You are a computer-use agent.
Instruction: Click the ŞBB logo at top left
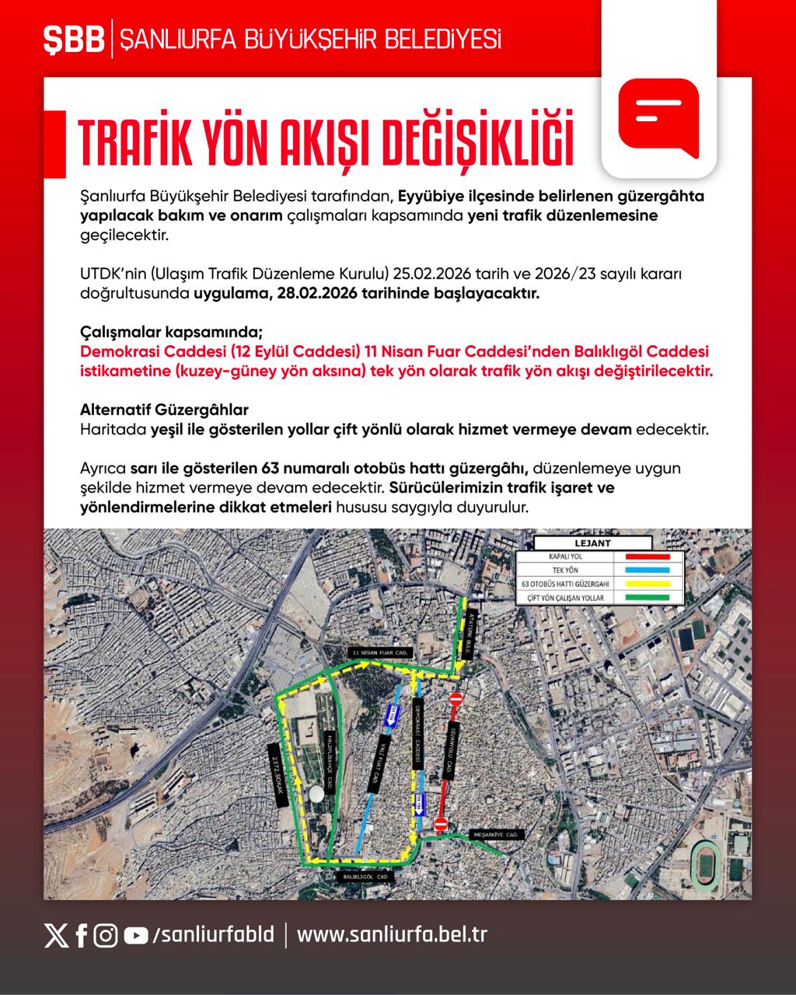74,40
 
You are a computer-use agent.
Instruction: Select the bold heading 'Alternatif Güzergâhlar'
164,410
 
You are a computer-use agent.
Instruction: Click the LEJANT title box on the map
592,543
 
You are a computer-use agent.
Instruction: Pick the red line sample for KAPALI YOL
642,557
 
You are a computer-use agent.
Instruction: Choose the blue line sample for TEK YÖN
642,570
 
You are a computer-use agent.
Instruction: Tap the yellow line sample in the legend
642,584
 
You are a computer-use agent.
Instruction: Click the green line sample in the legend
642,598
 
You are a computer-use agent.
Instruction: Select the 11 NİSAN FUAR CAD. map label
379,652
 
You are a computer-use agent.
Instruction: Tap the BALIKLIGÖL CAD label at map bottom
365,876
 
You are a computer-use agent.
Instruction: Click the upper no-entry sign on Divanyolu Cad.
456,700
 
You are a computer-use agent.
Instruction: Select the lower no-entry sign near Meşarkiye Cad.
440,824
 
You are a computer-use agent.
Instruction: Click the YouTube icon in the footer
136,935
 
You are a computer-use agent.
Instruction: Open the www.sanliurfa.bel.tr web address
392,934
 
